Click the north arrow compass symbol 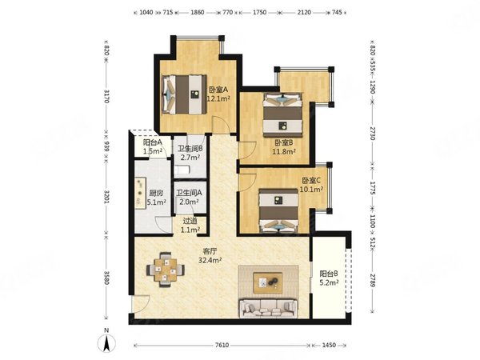pyautogui.click(x=106, y=343)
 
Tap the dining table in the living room pyautogui.click(x=166, y=270)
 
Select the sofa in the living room pyautogui.click(x=269, y=308)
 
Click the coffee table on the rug pyautogui.click(x=268, y=282)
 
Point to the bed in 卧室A pyautogui.click(x=184, y=94)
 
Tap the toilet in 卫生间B pyautogui.click(x=182, y=170)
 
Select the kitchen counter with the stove pyautogui.click(x=141, y=194)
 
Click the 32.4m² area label pyautogui.click(x=210, y=261)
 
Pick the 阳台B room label pyautogui.click(x=329, y=274)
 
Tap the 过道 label pyautogui.click(x=190, y=221)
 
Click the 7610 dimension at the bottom pyautogui.click(x=222, y=345)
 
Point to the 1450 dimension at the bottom pyautogui.click(x=329, y=345)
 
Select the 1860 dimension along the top pyautogui.click(x=197, y=13)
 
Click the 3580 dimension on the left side pyautogui.click(x=106, y=278)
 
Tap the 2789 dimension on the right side pyautogui.click(x=372, y=280)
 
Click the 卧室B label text pyautogui.click(x=284, y=142)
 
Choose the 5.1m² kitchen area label pyautogui.click(x=157, y=202)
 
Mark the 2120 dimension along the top pyautogui.click(x=304, y=13)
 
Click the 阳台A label pyautogui.click(x=153, y=142)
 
